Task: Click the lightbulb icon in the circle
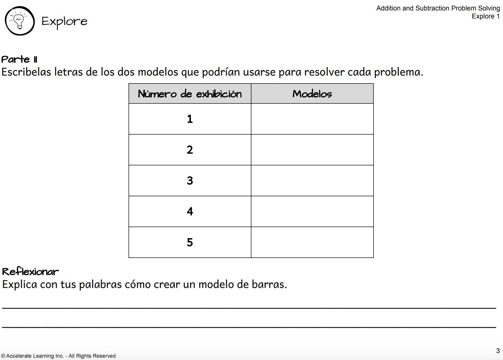point(20,21)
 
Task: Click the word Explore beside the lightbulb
point(64,22)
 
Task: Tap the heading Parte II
point(20,60)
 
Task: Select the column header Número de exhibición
point(190,94)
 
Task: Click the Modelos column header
point(312,94)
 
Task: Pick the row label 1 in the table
point(190,119)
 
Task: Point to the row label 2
point(190,150)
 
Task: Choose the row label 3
point(190,181)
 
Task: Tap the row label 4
point(190,211)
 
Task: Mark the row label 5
point(190,242)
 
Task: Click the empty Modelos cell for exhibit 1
point(312,119)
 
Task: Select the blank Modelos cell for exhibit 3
point(312,181)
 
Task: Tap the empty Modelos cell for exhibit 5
point(312,242)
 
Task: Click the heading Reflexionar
point(30,272)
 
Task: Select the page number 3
point(498,351)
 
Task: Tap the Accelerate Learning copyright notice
point(59,356)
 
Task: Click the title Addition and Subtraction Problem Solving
point(438,8)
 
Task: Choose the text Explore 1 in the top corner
point(486,16)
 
